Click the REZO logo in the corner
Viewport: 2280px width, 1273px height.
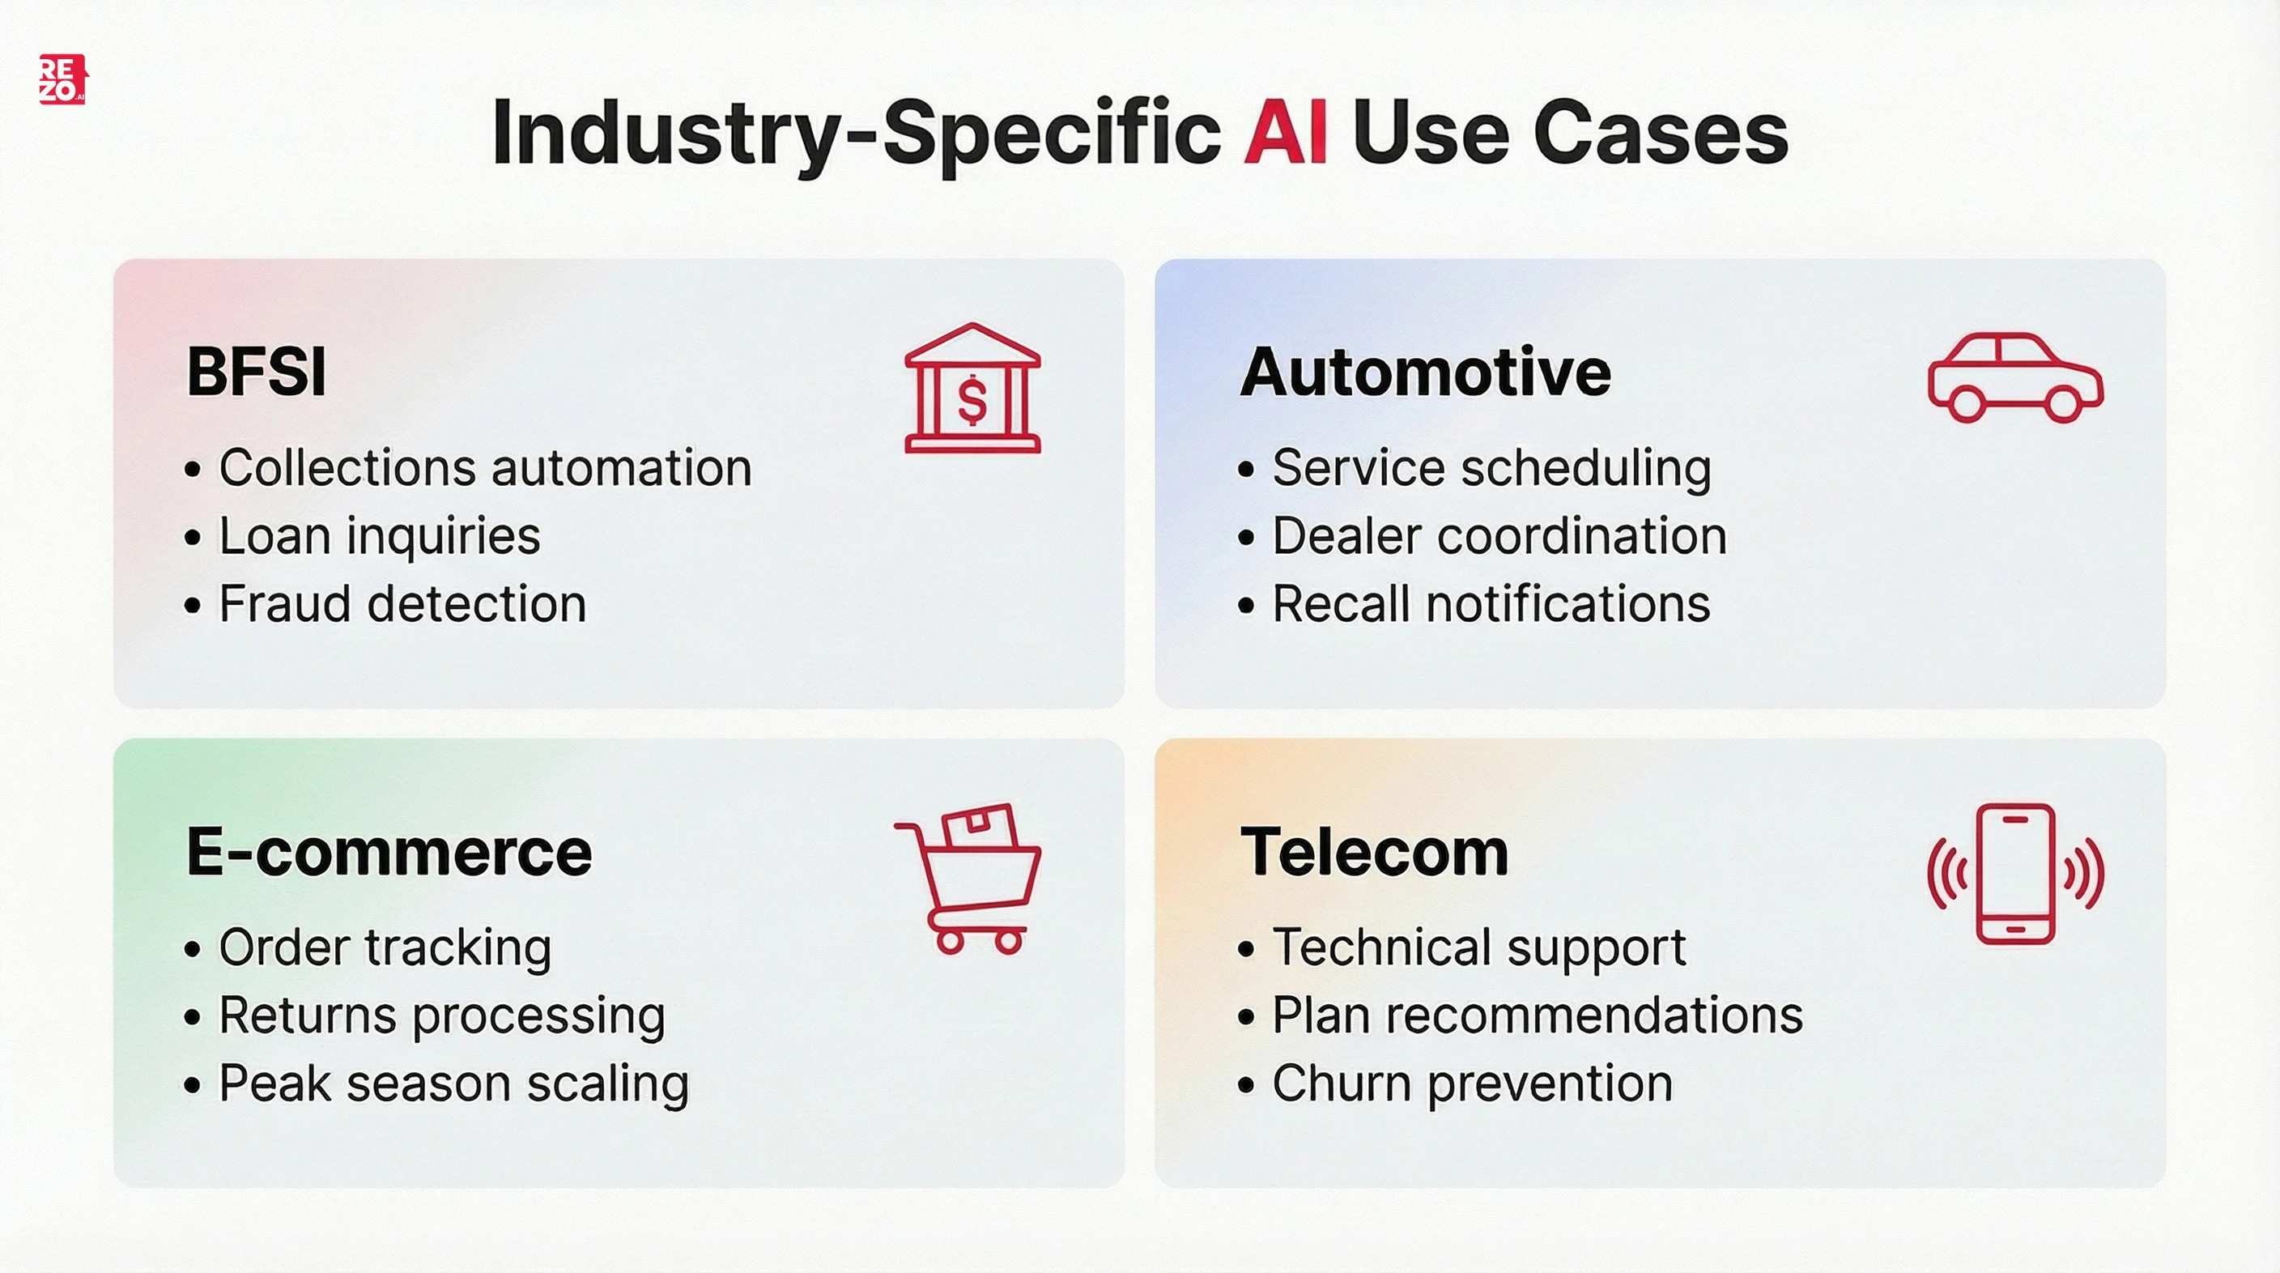pos(62,79)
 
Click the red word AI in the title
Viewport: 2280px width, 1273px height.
pos(1284,133)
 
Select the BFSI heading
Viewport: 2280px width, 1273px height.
pos(257,372)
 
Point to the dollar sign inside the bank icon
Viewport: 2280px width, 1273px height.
pos(972,400)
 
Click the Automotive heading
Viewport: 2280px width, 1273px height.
pos(1425,372)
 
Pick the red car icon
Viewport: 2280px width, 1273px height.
pos(2014,378)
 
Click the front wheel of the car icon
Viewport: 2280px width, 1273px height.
pos(2062,405)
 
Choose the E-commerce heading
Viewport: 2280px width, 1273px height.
pos(389,852)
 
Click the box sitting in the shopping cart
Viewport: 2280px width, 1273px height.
pos(980,825)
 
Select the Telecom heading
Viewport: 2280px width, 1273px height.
pos(1374,852)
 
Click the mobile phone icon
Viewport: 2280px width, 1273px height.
pos(2015,874)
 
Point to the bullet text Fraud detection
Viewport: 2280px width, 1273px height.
pos(402,604)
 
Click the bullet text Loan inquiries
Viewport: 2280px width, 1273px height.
pos(380,535)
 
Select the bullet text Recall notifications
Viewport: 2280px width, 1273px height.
pos(1491,604)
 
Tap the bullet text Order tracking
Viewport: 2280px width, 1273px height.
pos(385,947)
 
